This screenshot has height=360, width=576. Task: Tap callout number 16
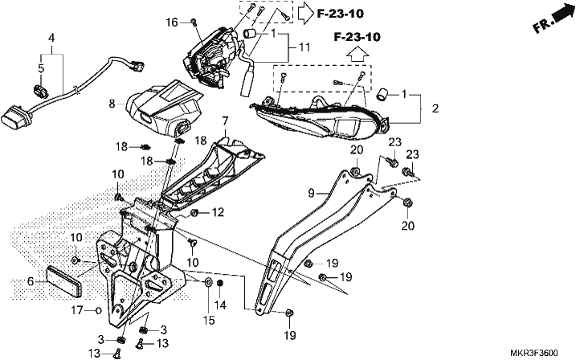click(172, 22)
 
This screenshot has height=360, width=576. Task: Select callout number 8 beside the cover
click(112, 104)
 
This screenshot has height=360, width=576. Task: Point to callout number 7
click(225, 121)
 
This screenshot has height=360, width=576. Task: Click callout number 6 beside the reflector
click(31, 282)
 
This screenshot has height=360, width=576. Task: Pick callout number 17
click(77, 310)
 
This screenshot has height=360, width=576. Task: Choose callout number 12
click(218, 212)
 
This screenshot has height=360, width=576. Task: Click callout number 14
click(220, 305)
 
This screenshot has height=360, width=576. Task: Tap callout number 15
click(209, 321)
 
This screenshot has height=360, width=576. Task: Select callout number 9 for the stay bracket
click(311, 193)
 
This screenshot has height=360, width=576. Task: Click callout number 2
click(435, 108)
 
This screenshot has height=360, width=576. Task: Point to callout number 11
click(304, 47)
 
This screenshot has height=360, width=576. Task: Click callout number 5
click(41, 68)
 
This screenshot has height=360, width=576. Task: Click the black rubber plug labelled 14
click(220, 284)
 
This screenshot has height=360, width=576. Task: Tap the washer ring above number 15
click(208, 283)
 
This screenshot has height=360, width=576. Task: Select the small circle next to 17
click(98, 311)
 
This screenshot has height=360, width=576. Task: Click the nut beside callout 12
click(195, 213)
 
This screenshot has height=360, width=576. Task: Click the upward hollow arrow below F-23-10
click(357, 55)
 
